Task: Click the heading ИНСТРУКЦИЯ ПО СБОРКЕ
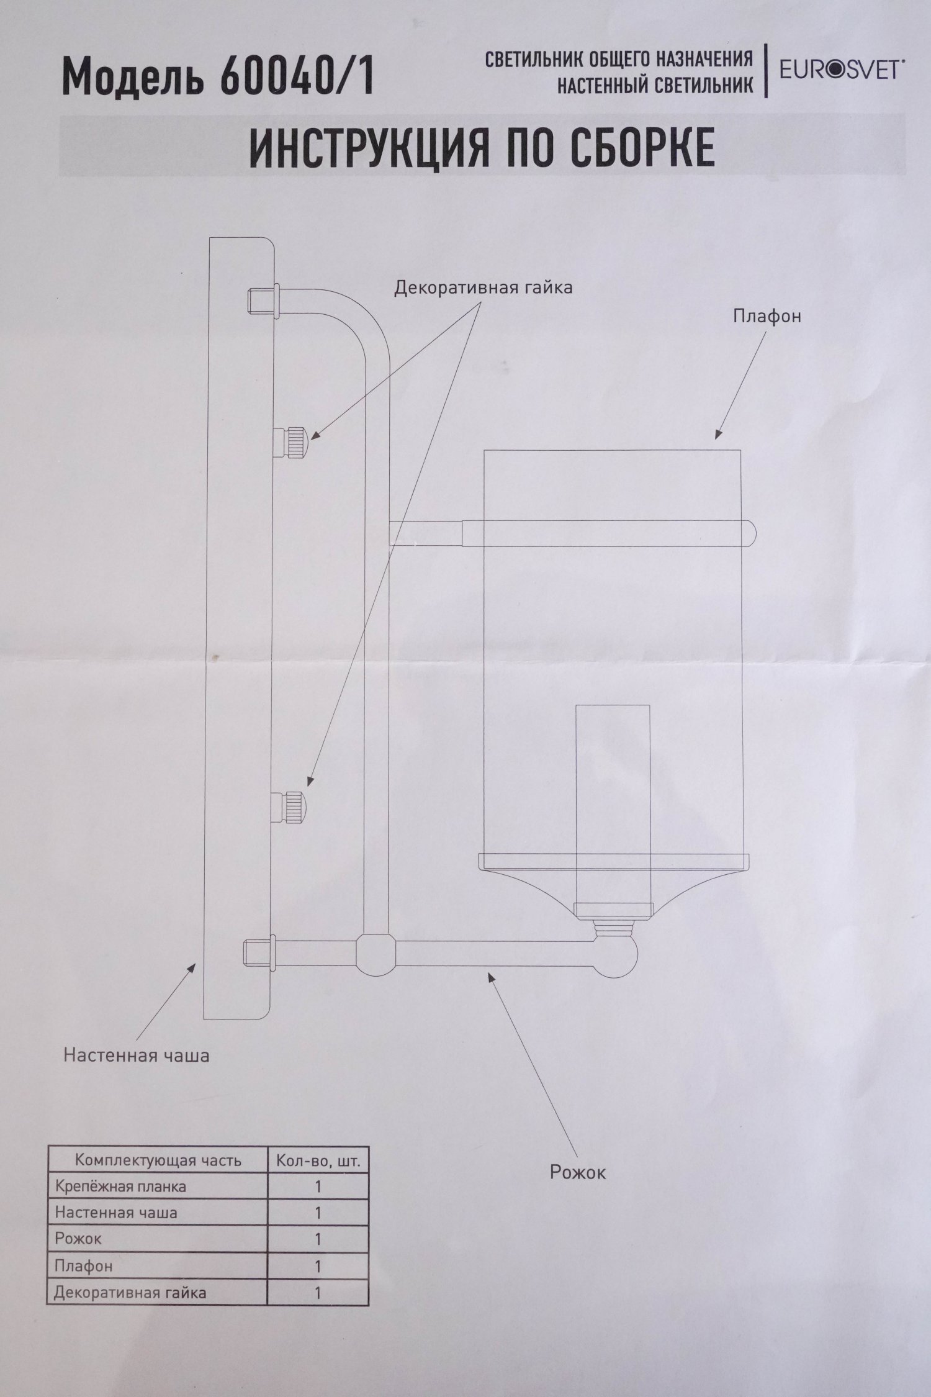[x=482, y=147]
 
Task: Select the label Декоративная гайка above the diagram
[x=483, y=288]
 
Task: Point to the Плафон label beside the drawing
[x=767, y=315]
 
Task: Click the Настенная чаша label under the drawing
[x=137, y=1054]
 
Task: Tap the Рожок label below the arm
[x=577, y=1172]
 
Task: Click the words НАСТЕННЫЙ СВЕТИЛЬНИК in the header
[x=655, y=85]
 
